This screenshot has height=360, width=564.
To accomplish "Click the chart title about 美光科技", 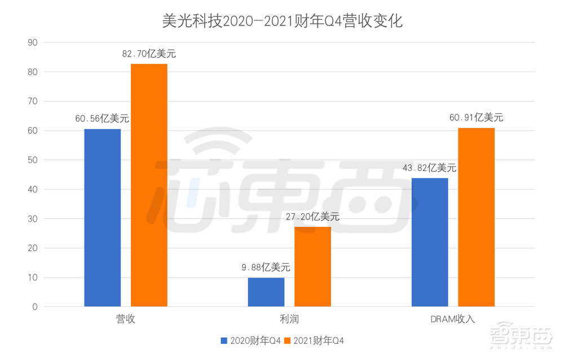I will [x=281, y=21].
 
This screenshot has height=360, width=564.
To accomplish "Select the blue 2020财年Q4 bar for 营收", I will [x=103, y=218].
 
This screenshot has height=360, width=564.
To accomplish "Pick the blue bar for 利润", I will [x=266, y=292].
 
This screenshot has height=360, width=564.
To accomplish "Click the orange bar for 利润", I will [x=312, y=267].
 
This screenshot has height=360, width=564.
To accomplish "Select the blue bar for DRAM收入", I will [x=430, y=243].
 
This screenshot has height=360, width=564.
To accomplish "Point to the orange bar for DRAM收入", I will [x=476, y=217].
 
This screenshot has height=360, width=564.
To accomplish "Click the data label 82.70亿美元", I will [x=149, y=54].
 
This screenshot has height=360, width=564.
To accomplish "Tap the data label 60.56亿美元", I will [x=102, y=119].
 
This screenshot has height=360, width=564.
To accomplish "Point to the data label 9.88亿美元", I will [x=266, y=267].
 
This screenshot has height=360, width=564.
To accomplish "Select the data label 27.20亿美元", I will [x=312, y=217].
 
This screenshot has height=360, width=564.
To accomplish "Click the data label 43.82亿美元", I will [x=429, y=168].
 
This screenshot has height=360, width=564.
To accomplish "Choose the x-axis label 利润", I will [x=289, y=319].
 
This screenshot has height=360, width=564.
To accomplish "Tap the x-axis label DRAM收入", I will [x=452, y=319].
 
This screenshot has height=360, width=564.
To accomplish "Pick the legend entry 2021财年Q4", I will [x=314, y=340].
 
